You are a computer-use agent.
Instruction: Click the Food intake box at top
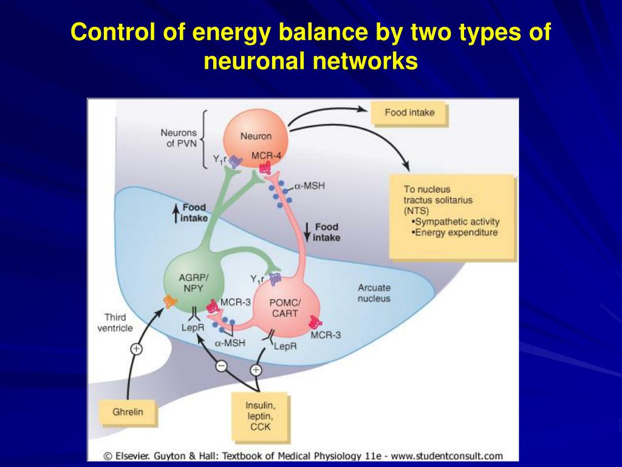[x=409, y=113]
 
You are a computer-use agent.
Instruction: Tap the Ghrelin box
[x=128, y=412]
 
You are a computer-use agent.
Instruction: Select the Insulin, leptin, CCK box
[x=259, y=416]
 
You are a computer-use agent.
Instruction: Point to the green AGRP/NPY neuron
[x=193, y=281]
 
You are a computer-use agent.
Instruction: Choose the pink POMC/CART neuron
[x=284, y=308]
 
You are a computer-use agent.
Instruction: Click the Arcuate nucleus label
[x=374, y=293]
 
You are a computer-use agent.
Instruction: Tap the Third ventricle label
[x=115, y=322]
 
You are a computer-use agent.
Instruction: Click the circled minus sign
[x=222, y=365]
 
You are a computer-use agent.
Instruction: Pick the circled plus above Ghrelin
[x=136, y=349]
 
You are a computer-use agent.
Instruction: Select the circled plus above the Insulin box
[x=256, y=370]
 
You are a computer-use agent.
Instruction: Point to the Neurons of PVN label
[x=179, y=138]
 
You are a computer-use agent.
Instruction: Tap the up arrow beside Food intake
[x=176, y=213]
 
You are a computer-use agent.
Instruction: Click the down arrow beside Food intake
[x=307, y=232]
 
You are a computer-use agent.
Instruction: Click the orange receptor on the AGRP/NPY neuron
[x=170, y=300]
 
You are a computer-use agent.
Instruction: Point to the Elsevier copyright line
[x=302, y=455]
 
